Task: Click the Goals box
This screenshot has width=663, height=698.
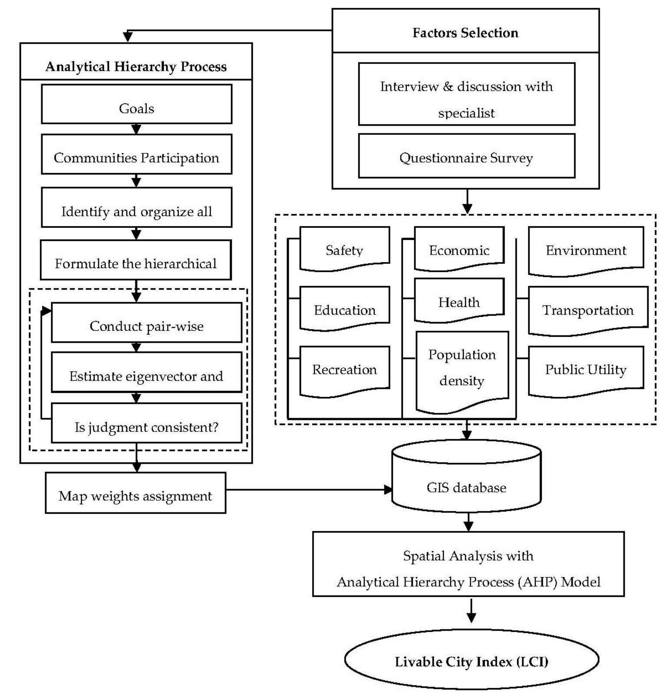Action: (136, 104)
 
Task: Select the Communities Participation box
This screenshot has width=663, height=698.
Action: (136, 154)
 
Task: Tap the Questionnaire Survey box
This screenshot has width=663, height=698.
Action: (466, 156)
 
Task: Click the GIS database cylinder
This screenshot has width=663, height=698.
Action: (466, 482)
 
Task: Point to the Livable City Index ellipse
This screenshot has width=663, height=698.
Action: (471, 660)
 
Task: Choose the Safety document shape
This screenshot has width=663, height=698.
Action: (344, 248)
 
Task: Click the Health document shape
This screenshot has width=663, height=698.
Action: (459, 300)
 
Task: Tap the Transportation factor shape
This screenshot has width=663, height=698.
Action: (587, 309)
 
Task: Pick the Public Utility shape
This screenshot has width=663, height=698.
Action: (586, 369)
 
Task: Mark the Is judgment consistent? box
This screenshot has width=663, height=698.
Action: (146, 423)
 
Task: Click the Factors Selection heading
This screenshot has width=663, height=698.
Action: (465, 33)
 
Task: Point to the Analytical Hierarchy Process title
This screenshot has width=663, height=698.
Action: (136, 66)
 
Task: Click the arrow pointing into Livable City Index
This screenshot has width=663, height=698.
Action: (471, 611)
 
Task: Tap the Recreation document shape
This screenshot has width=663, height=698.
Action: (344, 369)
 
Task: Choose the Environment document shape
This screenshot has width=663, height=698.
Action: (586, 250)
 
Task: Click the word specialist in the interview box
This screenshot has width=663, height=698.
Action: (466, 113)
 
